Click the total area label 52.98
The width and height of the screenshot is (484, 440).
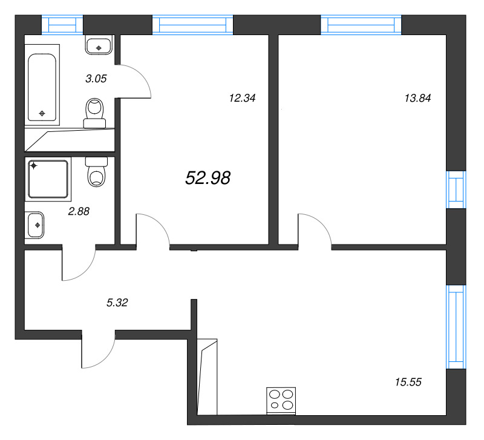click(208, 177)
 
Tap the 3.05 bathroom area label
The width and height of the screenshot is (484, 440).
click(96, 78)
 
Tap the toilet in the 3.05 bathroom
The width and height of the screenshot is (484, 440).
click(95, 114)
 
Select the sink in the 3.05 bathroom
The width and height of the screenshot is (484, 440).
click(99, 46)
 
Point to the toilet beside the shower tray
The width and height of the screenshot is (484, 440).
click(96, 172)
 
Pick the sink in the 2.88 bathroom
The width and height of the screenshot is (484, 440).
click(36, 225)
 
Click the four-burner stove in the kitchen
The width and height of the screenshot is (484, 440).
click(281, 401)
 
